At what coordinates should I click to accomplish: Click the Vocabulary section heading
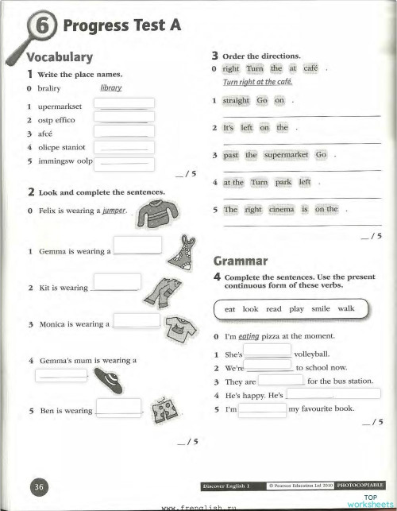tap(60, 57)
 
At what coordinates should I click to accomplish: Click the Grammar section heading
tap(241, 261)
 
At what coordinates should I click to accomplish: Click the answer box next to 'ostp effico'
tap(124, 117)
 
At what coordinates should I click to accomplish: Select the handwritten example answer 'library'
tap(111, 88)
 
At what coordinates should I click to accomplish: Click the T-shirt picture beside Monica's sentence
tap(180, 325)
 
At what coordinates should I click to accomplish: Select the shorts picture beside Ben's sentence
tap(167, 410)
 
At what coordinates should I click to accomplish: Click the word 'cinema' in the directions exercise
tap(281, 209)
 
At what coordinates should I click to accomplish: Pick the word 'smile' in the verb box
tap(320, 308)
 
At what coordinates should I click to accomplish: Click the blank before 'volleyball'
tap(267, 350)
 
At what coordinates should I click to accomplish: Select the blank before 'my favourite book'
tap(262, 409)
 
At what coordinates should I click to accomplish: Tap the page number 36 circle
tap(40, 485)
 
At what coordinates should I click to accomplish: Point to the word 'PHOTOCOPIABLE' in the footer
tap(361, 484)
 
